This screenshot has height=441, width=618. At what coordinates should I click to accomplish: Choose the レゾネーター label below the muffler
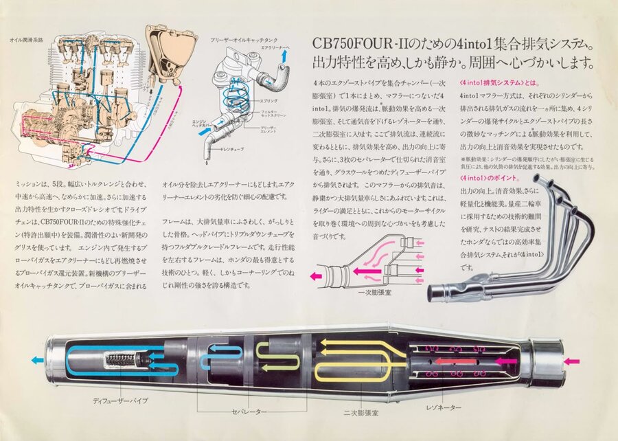447,407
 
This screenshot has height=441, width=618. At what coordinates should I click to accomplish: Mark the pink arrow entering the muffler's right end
571,360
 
